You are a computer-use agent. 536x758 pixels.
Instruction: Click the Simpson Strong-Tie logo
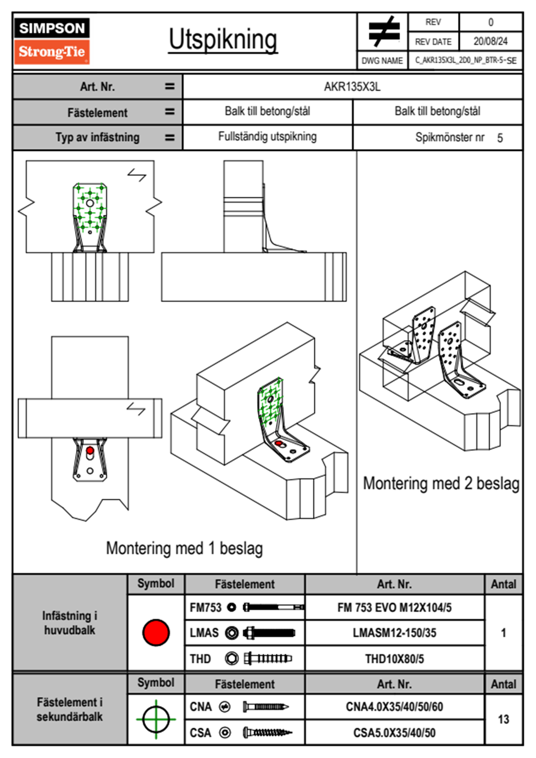pyautogui.click(x=52, y=41)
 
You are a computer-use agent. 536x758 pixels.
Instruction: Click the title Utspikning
pyautogui.click(x=223, y=40)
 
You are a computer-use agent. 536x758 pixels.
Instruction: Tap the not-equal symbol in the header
pyautogui.click(x=383, y=32)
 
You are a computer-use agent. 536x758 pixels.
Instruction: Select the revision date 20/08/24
pyautogui.click(x=490, y=41)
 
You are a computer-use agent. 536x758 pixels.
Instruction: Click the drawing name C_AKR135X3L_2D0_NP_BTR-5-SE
pyautogui.click(x=465, y=60)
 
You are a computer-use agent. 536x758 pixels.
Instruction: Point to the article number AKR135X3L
pyautogui.click(x=352, y=87)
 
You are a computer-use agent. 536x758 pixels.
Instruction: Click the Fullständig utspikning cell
pyautogui.click(x=268, y=137)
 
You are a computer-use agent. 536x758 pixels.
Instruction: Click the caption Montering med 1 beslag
pyautogui.click(x=184, y=548)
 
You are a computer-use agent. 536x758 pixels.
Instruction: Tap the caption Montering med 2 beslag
pyautogui.click(x=441, y=484)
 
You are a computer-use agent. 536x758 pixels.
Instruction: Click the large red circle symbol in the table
pyautogui.click(x=156, y=632)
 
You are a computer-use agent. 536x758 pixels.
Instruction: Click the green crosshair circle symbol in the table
pyautogui.click(x=156, y=719)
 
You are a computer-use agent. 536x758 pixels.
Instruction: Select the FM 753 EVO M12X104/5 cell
pyautogui.click(x=394, y=608)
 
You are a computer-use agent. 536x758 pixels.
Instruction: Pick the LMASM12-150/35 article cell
pyautogui.click(x=394, y=633)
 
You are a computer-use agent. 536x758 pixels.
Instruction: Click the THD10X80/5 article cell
pyautogui.click(x=394, y=659)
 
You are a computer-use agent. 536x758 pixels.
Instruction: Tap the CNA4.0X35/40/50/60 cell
pyautogui.click(x=394, y=707)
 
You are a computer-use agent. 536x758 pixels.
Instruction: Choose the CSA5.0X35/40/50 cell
pyautogui.click(x=394, y=733)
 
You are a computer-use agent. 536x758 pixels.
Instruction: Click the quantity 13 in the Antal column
pyautogui.click(x=503, y=719)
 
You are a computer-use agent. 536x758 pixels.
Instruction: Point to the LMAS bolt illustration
pyautogui.click(x=269, y=633)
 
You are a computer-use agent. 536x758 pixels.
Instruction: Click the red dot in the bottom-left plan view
pyautogui.click(x=90, y=450)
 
